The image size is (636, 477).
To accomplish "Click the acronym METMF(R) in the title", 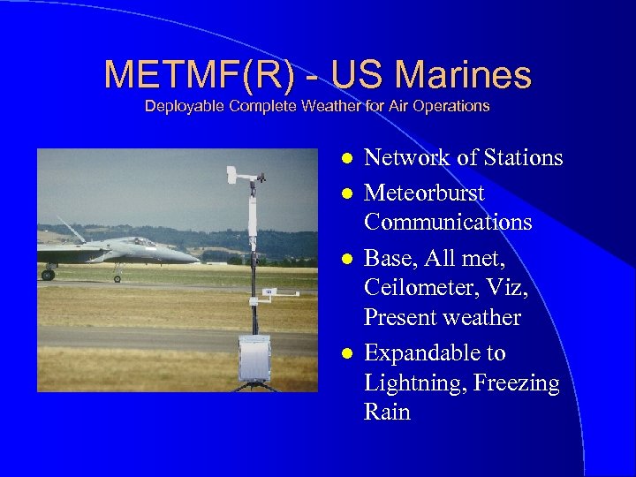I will [x=200, y=75].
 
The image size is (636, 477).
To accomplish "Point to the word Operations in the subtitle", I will [x=453, y=106].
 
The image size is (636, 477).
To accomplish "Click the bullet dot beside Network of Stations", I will [x=348, y=159].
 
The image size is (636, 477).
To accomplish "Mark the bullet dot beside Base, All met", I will [x=348, y=258].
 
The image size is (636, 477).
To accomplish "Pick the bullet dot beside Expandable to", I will [x=348, y=353].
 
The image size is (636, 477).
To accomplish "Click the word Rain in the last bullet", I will [x=387, y=413].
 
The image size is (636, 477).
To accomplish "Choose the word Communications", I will [x=448, y=222].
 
